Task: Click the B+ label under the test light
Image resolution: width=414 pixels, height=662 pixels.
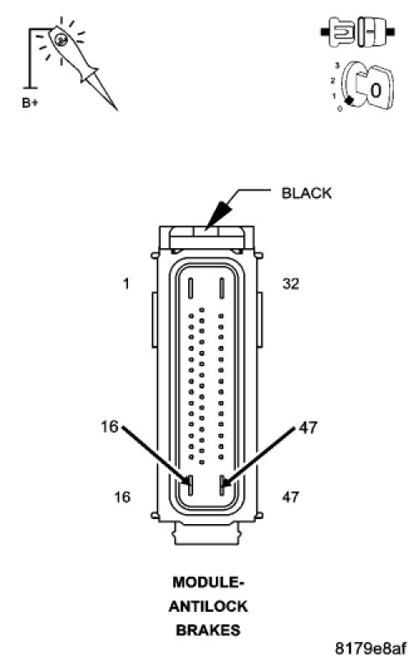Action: (29, 103)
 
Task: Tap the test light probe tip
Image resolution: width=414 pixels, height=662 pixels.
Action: (116, 109)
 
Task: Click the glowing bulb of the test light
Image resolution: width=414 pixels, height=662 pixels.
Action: (62, 39)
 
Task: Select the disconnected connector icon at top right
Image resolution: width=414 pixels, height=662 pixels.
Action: (358, 32)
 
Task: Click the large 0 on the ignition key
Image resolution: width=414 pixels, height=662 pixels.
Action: (376, 90)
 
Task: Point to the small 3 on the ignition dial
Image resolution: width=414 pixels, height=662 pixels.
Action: (337, 65)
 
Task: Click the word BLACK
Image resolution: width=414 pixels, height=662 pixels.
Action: (306, 193)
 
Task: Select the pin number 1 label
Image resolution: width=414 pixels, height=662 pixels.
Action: (126, 283)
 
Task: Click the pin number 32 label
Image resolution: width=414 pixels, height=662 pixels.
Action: (291, 283)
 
